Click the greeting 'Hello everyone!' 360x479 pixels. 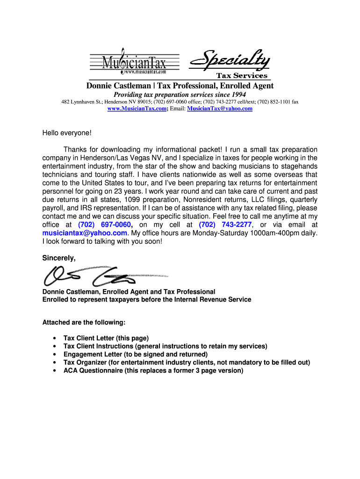point(67,133)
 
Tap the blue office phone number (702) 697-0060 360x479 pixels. point(104,225)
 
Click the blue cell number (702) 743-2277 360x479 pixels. point(225,225)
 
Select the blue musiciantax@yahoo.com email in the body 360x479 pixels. point(85,233)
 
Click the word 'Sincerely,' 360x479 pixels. point(58,258)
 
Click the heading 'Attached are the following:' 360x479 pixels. point(84,322)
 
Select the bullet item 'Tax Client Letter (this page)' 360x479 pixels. point(106,338)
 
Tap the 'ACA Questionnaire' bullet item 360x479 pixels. point(153,370)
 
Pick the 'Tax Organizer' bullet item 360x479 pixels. point(187,363)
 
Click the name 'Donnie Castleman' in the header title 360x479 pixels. point(119,86)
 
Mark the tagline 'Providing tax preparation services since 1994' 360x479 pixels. point(180,94)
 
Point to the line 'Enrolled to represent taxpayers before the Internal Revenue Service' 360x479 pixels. point(146,299)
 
